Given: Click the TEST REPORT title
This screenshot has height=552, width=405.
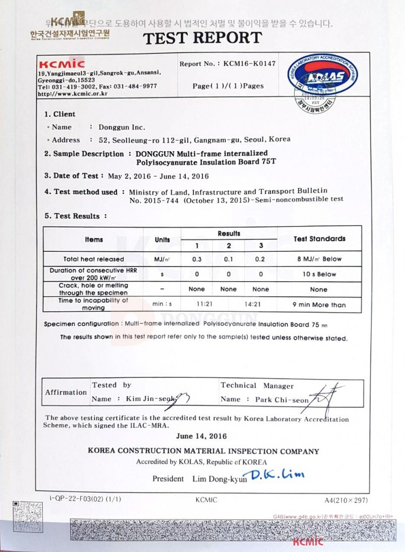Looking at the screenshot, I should pos(202,38).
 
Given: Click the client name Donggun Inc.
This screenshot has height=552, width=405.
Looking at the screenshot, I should pos(122,128).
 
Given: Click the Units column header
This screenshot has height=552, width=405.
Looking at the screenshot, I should pos(162,240).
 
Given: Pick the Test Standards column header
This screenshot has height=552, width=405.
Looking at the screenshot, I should pos(319,238).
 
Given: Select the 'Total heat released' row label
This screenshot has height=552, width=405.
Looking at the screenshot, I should pos(93,259).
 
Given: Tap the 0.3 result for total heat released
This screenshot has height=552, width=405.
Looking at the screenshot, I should pos(197,259).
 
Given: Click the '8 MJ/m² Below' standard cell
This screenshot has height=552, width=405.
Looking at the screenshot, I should pos(319,259).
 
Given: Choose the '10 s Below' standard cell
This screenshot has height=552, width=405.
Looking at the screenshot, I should pos(319,274).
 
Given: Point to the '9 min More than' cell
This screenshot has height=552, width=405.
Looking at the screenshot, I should pos(319,305).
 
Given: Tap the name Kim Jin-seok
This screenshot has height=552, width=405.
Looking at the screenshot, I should pos(151,399).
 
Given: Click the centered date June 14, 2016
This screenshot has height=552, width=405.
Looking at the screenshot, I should pos(201,436).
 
